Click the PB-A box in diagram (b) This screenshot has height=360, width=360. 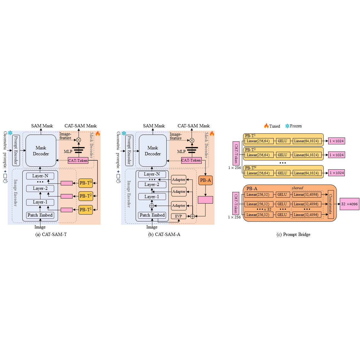pos(205,180)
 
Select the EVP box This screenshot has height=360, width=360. pos(179,216)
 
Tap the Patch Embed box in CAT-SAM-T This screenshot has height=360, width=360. pos(40,215)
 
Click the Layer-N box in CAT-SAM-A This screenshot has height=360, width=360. pos(152,174)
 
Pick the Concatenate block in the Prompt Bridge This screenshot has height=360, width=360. pos(331,204)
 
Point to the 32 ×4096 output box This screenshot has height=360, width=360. pos(349,204)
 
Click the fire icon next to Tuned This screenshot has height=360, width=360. pos(266,126)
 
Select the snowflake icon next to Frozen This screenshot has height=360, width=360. pos(287,126)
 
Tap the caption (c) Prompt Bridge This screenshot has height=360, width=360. pos(293,234)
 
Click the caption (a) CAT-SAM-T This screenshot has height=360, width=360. pos(51,234)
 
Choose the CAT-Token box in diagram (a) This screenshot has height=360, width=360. pos(78,161)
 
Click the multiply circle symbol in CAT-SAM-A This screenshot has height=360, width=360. pos(192,140)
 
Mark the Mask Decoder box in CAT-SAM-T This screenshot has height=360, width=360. pos(41,151)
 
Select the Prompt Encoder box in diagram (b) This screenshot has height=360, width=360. pos(129,150)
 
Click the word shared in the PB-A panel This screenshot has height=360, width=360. pos(297,188)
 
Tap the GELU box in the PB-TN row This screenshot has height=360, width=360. pos(282,173)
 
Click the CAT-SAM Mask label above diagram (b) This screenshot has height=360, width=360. pos(194,126)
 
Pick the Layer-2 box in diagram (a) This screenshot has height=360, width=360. pos(40,188)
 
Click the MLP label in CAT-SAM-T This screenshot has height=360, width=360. pos(68,151)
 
